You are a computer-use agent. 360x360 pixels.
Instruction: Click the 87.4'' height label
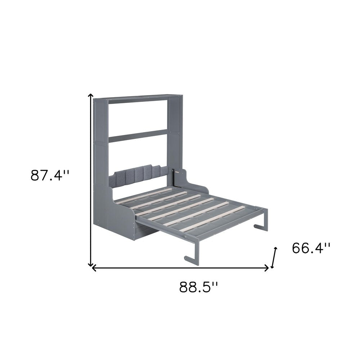[x=50, y=175]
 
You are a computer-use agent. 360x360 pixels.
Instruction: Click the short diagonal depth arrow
[x=274, y=258]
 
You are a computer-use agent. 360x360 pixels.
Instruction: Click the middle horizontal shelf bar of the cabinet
[x=138, y=136]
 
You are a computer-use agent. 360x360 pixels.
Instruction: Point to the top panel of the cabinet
[x=139, y=98]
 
